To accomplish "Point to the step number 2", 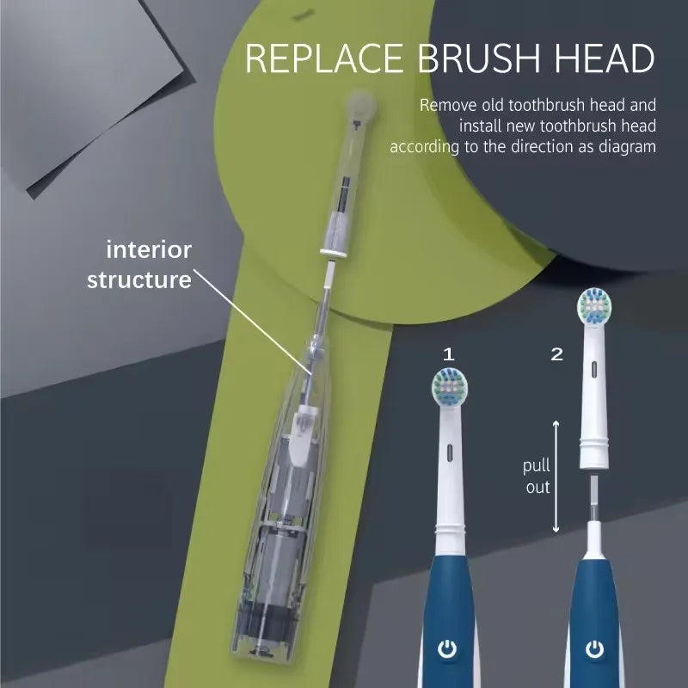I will coord(556,353).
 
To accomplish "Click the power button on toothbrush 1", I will coord(447,649).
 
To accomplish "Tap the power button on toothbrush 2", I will coord(593,649).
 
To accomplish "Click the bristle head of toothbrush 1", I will coord(447,388).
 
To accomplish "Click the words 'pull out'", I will coord(537,476).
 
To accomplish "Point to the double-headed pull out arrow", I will coord(556,476).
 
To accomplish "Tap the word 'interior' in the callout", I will coord(149,250).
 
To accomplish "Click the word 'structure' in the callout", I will coord(138,279).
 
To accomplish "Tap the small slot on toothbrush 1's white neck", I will coord(447,450).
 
